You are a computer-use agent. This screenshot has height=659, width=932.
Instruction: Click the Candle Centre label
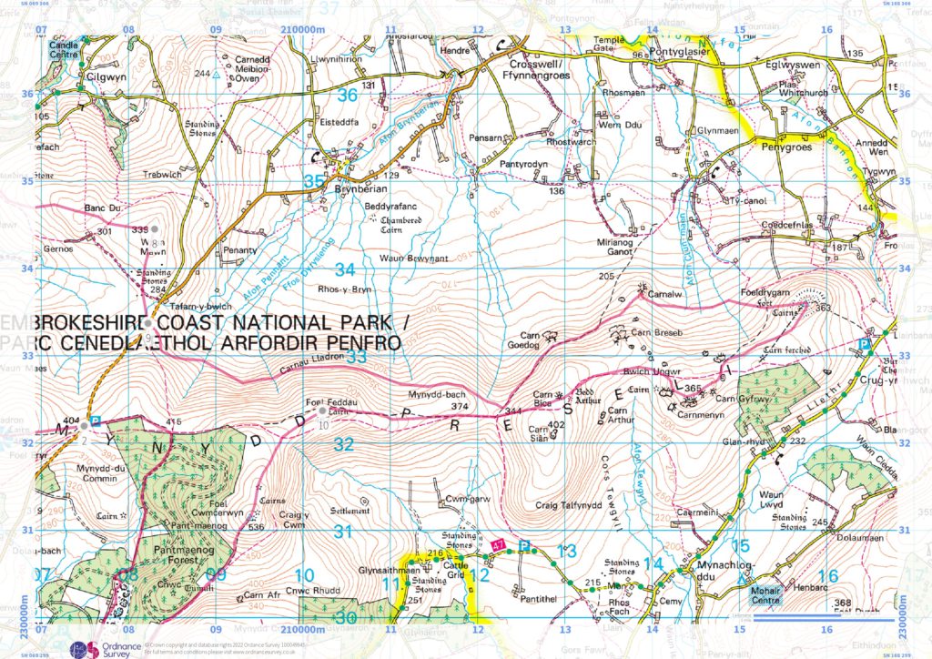tap(63, 47)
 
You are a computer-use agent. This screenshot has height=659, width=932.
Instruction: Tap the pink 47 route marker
tap(497, 543)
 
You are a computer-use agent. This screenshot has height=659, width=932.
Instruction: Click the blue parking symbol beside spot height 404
tap(96, 421)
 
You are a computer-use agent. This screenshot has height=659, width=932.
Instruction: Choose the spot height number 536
tap(230, 527)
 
